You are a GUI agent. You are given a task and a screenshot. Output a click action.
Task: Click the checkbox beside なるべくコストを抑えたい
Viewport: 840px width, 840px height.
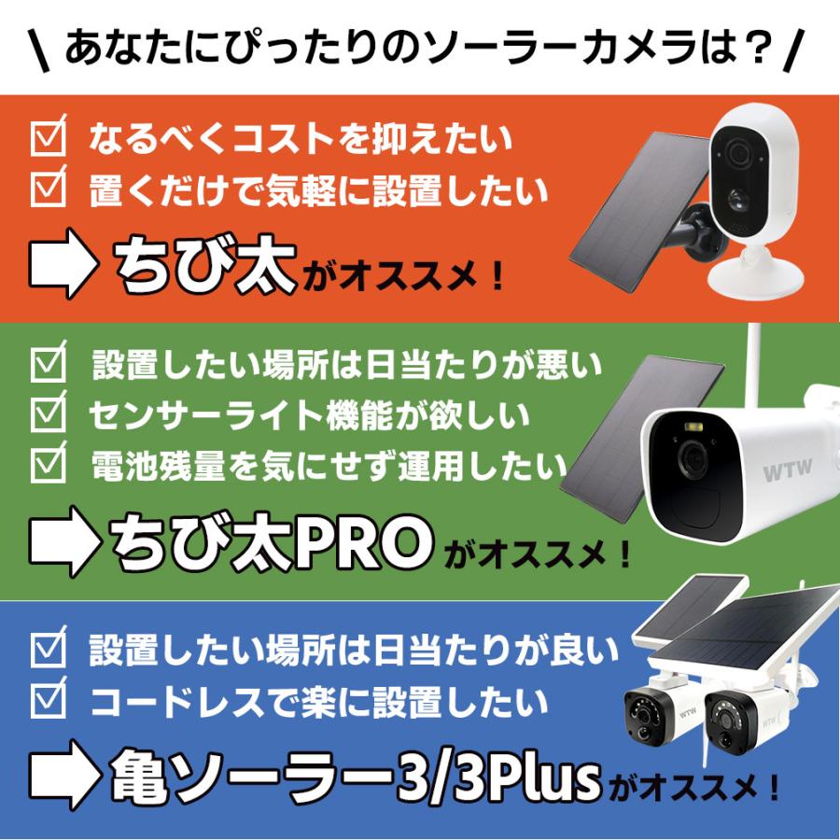(x=49, y=141)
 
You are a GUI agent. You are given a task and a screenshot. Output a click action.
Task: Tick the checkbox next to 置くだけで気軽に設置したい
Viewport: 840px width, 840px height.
(x=49, y=190)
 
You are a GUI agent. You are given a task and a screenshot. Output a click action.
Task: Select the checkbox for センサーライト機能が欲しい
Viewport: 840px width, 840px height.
(x=49, y=412)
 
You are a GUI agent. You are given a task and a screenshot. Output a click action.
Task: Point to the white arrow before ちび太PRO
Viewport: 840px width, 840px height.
(x=63, y=540)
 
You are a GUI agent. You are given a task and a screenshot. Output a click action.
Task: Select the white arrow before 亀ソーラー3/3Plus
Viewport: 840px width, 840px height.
(x=63, y=777)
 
